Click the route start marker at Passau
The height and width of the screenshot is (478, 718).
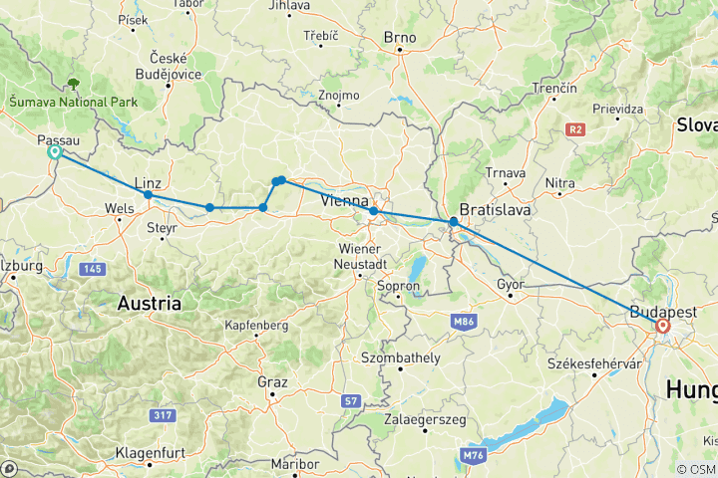pos(55,152)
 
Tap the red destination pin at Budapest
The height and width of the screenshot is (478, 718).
pos(662,326)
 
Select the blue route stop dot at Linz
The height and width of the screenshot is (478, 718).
pos(148,194)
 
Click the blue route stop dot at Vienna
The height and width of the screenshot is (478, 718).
pos(373,211)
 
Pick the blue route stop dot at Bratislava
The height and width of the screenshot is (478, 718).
pos(454,222)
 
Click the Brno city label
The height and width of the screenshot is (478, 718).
pos(399,38)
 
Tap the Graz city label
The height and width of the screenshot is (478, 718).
pos(271,382)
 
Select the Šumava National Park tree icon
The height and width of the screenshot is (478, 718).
pos(72,85)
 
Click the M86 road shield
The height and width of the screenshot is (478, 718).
pos(462,322)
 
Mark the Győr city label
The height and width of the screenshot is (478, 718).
pos(511,285)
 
